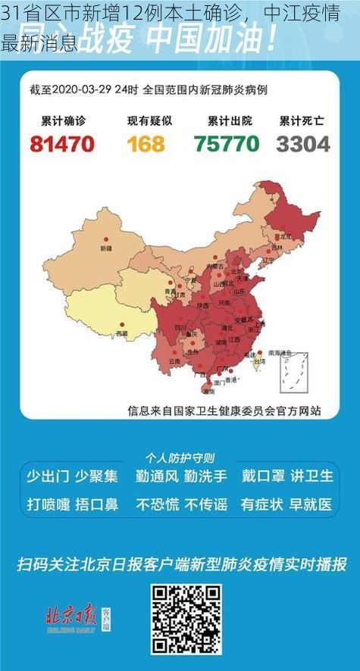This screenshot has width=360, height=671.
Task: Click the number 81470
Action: pos(62,143)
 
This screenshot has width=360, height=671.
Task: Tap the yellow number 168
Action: pos(146,143)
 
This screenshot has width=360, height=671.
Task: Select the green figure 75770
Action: pos(227,143)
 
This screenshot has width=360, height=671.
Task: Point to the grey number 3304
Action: pos(303,143)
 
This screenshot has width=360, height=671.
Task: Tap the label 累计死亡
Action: pos(302,120)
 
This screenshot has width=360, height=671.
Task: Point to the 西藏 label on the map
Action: pos(121,332)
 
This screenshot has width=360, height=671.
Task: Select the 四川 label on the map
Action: pos(180,327)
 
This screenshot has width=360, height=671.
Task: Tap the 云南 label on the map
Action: pos(174,361)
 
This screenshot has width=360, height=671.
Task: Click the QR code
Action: pos(186,619)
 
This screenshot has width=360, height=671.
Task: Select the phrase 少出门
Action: pos(48,476)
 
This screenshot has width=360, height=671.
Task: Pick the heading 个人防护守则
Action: pos(180,457)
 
